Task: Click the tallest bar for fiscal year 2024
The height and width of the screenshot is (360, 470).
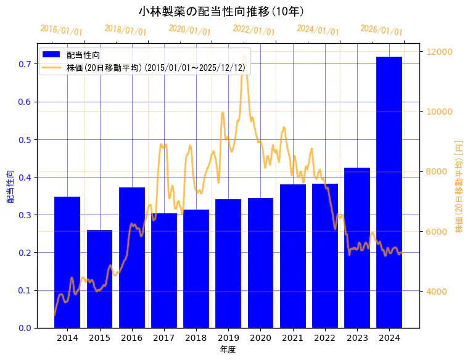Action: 389,192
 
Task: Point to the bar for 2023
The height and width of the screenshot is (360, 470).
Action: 357,247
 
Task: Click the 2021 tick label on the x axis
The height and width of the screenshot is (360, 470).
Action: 292,338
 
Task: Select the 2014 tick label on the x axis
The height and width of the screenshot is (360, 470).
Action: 67,338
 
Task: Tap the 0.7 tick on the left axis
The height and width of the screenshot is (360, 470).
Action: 24,64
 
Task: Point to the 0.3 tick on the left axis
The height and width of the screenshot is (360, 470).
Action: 24,215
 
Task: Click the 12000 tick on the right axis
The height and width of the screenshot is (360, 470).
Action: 440,52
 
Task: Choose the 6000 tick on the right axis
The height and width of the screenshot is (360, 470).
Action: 437,232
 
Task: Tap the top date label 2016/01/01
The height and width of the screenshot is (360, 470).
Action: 61,30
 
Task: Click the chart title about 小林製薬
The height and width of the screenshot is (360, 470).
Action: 221,11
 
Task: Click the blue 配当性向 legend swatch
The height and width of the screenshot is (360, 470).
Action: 51,55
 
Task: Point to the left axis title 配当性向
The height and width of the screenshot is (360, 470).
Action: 10,187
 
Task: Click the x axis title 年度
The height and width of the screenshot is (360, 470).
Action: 228,350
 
